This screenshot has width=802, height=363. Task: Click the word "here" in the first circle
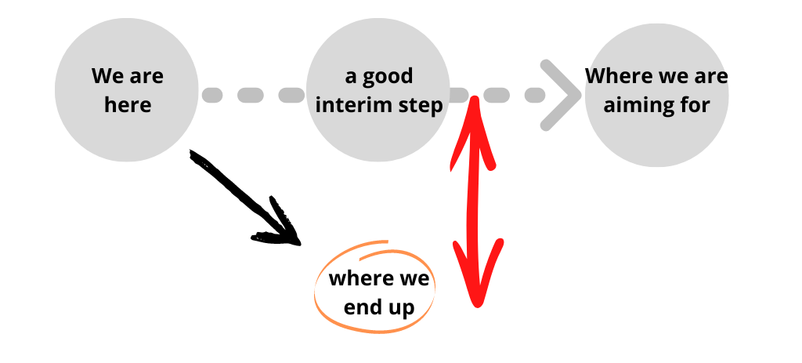tap(127, 105)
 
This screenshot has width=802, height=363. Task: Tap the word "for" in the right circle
tap(693, 105)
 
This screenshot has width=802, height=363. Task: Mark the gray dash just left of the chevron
tap(535, 96)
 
